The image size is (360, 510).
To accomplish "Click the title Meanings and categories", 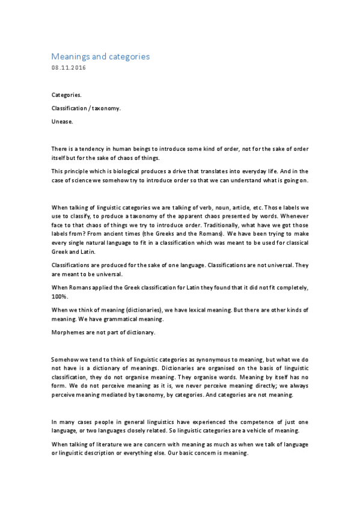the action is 100,57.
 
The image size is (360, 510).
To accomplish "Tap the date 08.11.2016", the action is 69,67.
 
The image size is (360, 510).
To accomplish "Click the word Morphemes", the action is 69,333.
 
